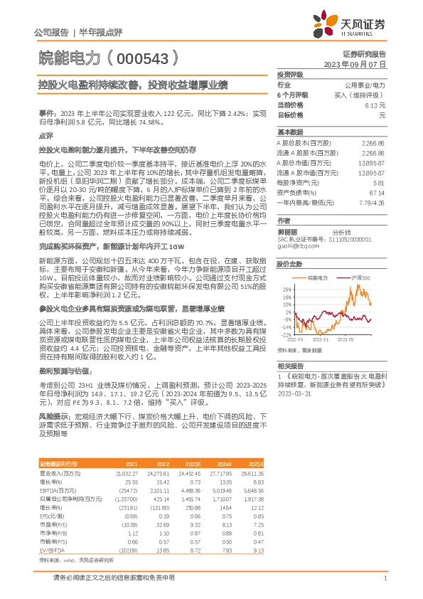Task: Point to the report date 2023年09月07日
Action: coord(354,63)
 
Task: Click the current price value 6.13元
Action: coord(375,105)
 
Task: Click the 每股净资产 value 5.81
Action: coord(378,183)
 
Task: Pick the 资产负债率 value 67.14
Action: coord(377,193)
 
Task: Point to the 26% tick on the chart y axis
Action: coord(286,290)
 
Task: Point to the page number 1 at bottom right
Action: coord(385,579)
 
